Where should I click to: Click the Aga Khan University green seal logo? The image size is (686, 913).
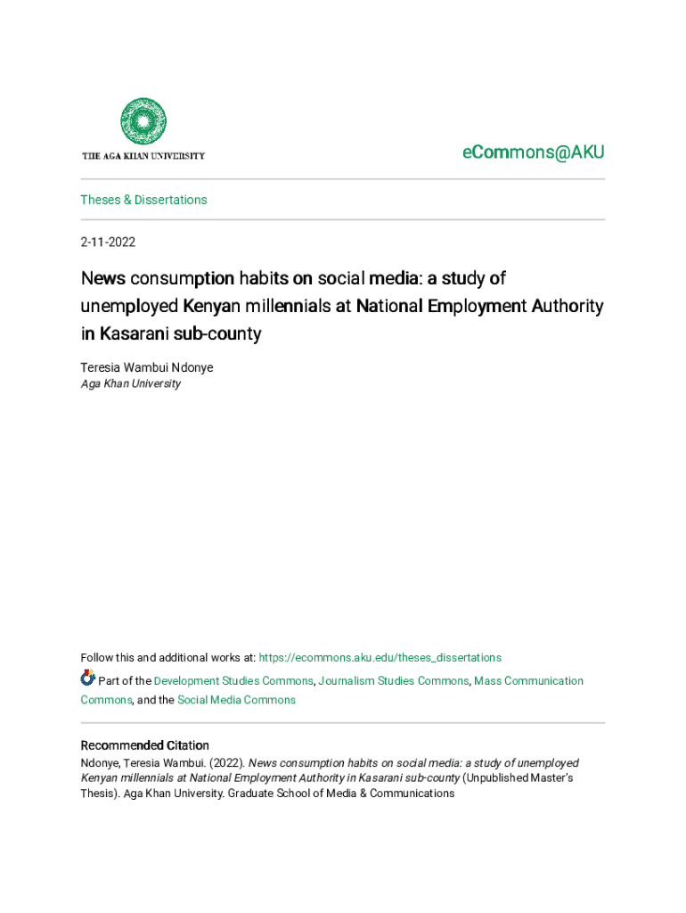pyautogui.click(x=143, y=122)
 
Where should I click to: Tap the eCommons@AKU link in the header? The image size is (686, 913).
pyautogui.click(x=533, y=152)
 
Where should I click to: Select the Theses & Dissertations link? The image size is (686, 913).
pyautogui.click(x=143, y=200)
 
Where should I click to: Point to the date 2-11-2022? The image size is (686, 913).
pyautogui.click(x=108, y=242)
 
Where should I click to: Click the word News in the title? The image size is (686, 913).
pyautogui.click(x=102, y=278)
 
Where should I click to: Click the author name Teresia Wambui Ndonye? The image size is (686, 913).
pyautogui.click(x=146, y=367)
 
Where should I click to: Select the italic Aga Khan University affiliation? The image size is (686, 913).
pyautogui.click(x=130, y=383)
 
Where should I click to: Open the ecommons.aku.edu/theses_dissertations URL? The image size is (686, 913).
pyautogui.click(x=380, y=658)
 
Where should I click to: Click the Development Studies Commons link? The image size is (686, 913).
pyautogui.click(x=233, y=681)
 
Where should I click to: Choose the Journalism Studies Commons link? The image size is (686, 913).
pyautogui.click(x=393, y=681)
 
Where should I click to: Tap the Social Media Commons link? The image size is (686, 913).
pyautogui.click(x=236, y=700)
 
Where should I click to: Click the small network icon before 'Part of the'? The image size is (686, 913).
pyautogui.click(x=87, y=679)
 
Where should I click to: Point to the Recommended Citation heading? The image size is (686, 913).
pyautogui.click(x=144, y=745)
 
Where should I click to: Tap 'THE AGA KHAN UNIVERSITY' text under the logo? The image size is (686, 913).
pyautogui.click(x=143, y=156)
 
